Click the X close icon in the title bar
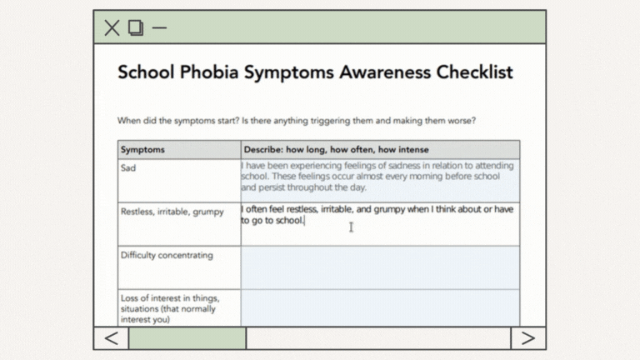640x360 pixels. pos(112,27)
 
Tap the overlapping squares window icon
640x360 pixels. pos(136,27)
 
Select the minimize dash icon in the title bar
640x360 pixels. pos(159,27)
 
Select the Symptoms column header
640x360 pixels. pos(143,150)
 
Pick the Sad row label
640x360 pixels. pos(128,167)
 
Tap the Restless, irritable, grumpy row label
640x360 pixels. pos(172,212)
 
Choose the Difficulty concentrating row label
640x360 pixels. pos(167,255)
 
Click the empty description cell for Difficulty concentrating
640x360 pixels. pos(380,267)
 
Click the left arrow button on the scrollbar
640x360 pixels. pos(111,337)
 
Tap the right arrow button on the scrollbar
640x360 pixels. pos(528,337)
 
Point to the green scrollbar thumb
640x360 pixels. pos(187,337)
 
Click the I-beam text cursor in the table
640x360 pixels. pos(352,227)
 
